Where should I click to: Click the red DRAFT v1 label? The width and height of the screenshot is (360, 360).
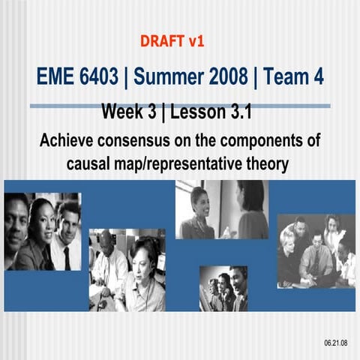click(x=172, y=40)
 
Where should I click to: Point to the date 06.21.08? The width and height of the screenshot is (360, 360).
click(x=335, y=342)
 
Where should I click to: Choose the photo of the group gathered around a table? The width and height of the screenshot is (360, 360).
click(x=316, y=251)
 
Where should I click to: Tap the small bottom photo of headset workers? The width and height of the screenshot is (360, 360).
click(x=223, y=289)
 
